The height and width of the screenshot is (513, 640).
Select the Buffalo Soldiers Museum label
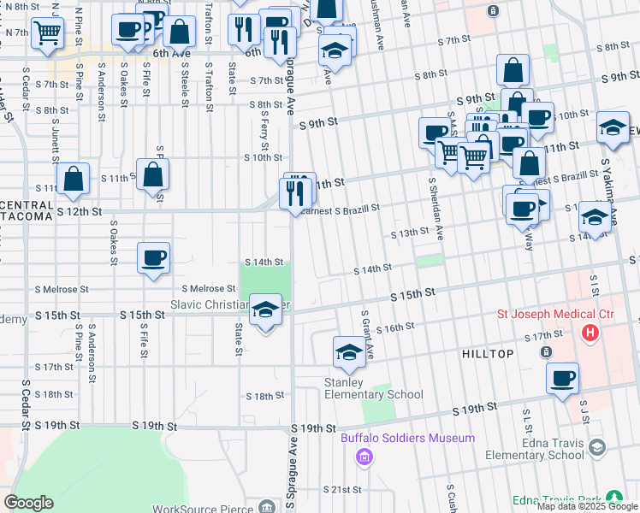[x=407, y=439]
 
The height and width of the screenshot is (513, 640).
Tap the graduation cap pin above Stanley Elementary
[x=349, y=353]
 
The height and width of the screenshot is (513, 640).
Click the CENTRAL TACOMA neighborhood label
[x=26, y=211]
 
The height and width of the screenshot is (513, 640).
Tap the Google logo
[x=28, y=502]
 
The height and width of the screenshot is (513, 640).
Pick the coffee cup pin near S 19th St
[x=562, y=379]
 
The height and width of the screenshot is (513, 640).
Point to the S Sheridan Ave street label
[x=436, y=207]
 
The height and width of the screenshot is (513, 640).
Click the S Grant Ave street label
[x=365, y=334]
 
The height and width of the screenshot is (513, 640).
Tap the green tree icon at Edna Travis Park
[x=613, y=497]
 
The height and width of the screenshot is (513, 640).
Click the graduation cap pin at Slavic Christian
[x=265, y=310]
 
